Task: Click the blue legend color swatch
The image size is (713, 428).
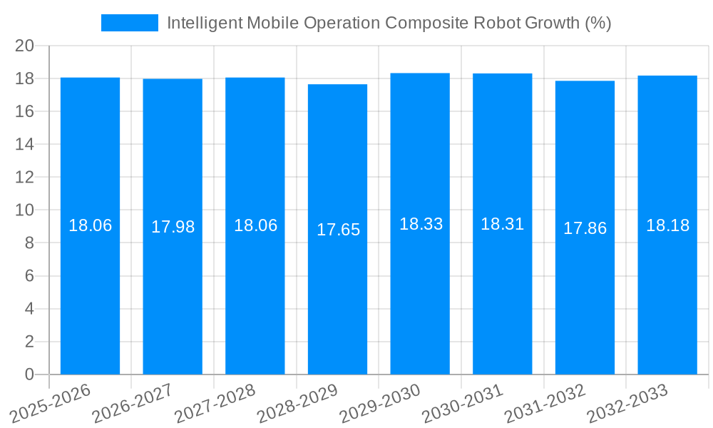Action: pos(129,23)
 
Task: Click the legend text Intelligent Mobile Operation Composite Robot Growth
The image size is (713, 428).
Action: pos(389,23)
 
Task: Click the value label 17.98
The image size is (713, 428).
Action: pos(173,227)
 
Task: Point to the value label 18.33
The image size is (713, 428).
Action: pos(421,224)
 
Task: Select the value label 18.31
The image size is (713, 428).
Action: pos(502,224)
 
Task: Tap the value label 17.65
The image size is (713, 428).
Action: pos(338,230)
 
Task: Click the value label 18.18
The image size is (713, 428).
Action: pos(667,225)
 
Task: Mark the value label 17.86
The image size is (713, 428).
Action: pos(585,228)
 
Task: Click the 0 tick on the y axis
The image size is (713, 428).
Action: pos(29,374)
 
